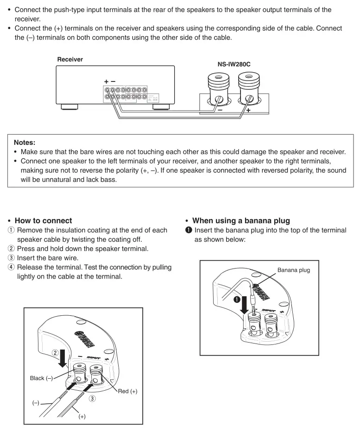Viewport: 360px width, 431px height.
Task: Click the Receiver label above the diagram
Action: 70,60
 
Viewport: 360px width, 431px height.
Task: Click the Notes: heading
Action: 25,143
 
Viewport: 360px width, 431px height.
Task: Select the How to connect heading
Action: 43,220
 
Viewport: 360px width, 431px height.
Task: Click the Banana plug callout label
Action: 294,269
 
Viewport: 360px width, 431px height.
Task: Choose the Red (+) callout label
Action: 127,391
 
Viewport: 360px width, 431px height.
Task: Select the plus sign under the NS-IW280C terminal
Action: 248,111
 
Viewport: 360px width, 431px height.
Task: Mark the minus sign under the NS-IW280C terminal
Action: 220,111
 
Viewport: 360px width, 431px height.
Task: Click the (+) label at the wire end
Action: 82,416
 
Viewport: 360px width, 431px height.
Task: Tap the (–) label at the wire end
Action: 36,403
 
